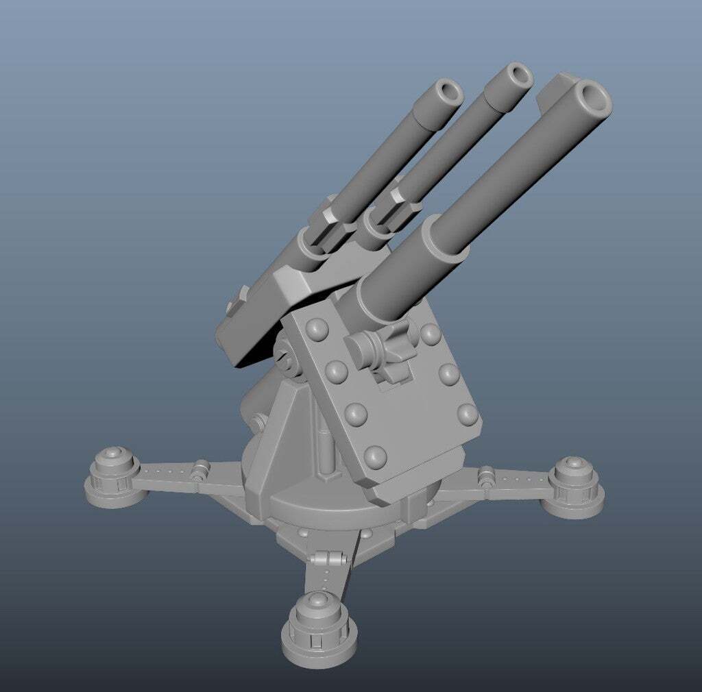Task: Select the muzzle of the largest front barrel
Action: (592, 99)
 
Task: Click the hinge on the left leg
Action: (200, 470)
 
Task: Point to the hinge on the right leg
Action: (487, 475)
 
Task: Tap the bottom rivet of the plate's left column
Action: (375, 455)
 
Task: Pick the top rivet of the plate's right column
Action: (430, 334)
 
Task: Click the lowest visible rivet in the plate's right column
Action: (468, 413)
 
